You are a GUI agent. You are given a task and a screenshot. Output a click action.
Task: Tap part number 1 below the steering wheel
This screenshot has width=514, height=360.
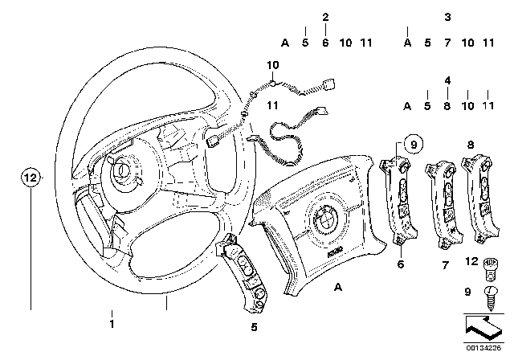pos(112,324)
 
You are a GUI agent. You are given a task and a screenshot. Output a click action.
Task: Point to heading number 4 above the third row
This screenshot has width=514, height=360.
pos(448,80)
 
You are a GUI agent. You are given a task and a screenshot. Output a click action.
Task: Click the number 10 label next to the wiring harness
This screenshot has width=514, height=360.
pos(272,64)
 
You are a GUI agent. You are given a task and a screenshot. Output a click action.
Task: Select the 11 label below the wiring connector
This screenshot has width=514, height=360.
pos(272,105)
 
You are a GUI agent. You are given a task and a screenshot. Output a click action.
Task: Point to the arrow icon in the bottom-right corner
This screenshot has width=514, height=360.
pos(480,329)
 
